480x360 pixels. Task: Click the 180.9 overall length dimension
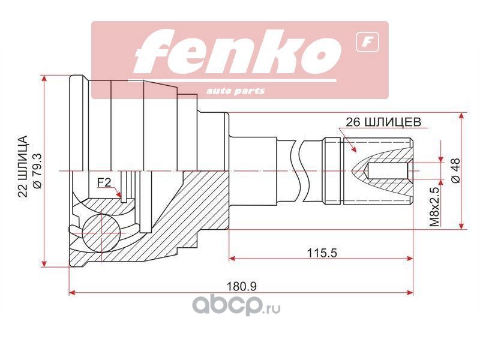pyautogui.click(x=242, y=287)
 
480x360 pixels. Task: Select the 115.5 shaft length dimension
pyautogui.click(x=322, y=253)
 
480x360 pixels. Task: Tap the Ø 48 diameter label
pyautogui.click(x=456, y=170)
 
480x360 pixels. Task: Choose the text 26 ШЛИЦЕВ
pyautogui.click(x=383, y=122)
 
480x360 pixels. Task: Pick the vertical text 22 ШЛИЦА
pyautogui.click(x=23, y=166)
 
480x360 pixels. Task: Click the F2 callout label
pyautogui.click(x=104, y=182)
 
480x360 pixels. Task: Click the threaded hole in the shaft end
pyautogui.click(x=387, y=170)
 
